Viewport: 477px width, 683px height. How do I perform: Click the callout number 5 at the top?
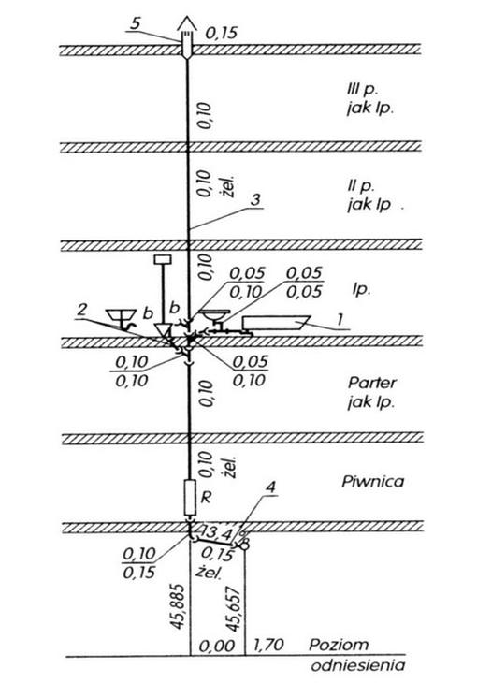coord(136,22)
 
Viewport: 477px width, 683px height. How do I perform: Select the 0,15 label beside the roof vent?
coord(222,32)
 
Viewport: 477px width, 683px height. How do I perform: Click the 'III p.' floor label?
coord(359,90)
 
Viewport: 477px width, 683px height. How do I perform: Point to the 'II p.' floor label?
coord(361,186)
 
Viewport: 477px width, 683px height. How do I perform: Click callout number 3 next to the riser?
coord(255,199)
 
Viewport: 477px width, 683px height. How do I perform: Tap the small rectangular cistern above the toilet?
coord(163,259)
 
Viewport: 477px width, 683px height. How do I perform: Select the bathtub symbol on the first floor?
coord(276,323)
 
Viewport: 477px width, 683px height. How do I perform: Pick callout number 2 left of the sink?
coord(81,310)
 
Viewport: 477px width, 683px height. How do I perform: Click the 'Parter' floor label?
coord(372,383)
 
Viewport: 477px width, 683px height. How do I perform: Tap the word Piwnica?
coord(372,481)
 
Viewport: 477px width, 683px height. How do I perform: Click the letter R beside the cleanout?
coord(206,497)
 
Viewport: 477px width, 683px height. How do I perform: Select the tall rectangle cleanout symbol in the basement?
coord(190,498)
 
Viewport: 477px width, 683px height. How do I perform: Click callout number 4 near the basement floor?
coord(270,487)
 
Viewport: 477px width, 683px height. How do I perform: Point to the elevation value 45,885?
coord(178,607)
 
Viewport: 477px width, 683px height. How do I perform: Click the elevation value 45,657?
coord(234,610)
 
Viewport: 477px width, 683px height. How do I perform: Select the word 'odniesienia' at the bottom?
coord(358,665)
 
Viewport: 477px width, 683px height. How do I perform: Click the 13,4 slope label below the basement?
coord(216,531)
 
